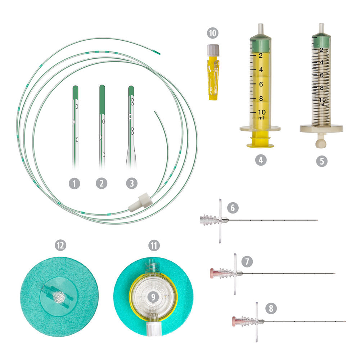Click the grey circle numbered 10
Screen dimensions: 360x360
click(213, 33)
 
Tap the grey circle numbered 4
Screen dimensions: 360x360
click(261, 160)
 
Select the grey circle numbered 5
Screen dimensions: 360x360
click(321, 161)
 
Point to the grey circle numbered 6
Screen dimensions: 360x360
click(233, 208)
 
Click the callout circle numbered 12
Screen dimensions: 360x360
click(60, 245)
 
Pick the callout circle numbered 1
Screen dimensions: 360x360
click(75, 184)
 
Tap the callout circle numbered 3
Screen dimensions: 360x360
click(132, 184)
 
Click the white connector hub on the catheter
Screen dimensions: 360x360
click(140, 202)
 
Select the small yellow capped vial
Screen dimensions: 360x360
click(213, 73)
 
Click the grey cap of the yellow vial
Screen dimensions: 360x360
click(213, 50)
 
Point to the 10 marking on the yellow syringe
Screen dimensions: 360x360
click(262, 112)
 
